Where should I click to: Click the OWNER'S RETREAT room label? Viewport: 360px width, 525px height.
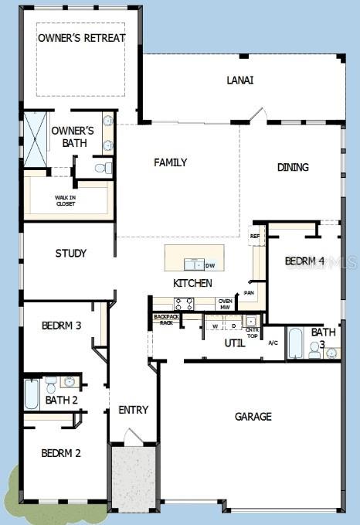coord(81,38)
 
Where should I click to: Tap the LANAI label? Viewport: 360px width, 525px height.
coord(240,80)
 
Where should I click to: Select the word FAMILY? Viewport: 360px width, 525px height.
coord(171,162)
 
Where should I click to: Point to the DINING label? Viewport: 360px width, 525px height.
coord(293,167)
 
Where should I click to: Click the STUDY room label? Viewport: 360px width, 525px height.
coord(70,253)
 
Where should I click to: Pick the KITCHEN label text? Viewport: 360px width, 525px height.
coord(192,283)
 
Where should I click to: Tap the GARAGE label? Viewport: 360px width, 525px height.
coord(253,417)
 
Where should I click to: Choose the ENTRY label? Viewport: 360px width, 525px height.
coord(133,410)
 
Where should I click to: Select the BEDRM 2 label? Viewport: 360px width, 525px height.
coord(61,453)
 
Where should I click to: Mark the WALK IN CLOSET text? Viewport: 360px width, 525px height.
coord(65,200)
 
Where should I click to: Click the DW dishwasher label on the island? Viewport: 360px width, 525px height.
coord(210,265)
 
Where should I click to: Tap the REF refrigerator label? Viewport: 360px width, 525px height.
coord(255,236)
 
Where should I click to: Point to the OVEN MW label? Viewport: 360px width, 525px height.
coord(226,304)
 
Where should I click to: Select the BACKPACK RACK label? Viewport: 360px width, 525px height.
coord(165,319)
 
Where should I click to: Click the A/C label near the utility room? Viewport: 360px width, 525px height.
coord(273,343)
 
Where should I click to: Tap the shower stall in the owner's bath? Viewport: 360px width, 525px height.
coord(36,138)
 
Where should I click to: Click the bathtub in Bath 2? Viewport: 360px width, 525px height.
coord(32,394)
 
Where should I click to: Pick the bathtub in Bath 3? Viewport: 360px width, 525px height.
coord(296,343)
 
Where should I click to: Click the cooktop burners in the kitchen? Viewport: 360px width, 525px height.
coord(184,304)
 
